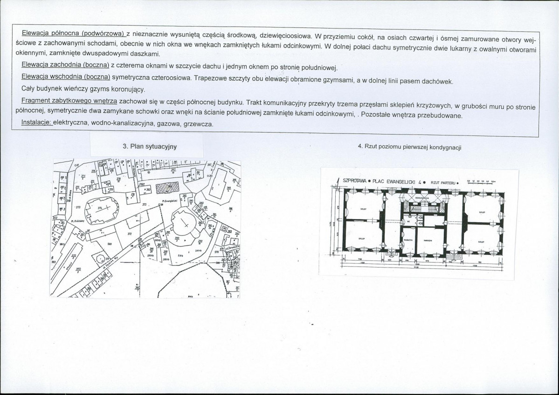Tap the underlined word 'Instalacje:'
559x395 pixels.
[x=36, y=123]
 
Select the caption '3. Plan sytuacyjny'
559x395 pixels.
[x=150, y=146]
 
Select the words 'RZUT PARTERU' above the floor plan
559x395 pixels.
[x=442, y=182]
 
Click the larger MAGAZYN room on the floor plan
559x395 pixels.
[x=430, y=239]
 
